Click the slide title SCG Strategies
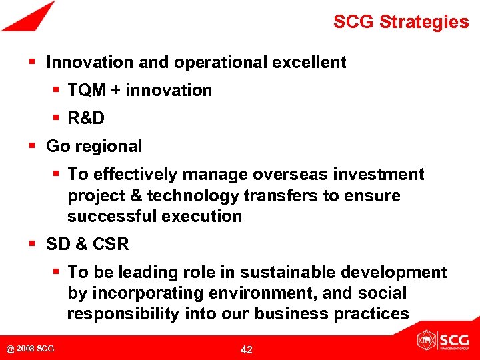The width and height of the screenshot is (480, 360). point(401,22)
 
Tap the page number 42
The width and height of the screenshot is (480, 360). point(246,349)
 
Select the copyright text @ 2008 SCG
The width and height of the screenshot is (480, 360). point(31,349)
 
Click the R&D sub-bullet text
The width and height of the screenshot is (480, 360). point(86,119)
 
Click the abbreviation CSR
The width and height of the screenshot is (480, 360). point(111,245)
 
